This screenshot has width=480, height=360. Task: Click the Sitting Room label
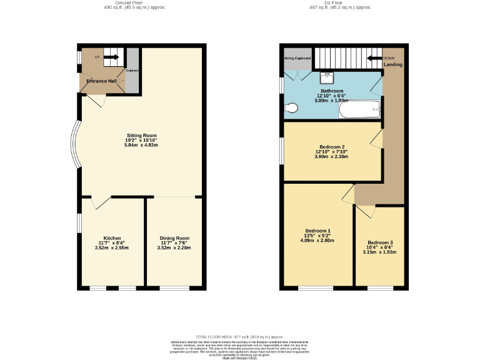coord(141,135)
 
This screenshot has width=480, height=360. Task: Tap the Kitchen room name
coord(112,238)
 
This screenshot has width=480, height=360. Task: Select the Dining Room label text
coord(174,238)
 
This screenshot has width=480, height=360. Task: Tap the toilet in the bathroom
coord(291,108)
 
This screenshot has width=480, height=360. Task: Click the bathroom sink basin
coord(327,78)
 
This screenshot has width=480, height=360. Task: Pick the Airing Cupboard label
coord(297,58)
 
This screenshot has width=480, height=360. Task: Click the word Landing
coord(393,64)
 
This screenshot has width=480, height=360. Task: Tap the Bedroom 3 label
coord(380,242)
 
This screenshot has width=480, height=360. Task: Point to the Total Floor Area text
coord(240,336)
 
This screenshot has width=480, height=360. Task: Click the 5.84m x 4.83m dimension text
coord(141,146)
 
